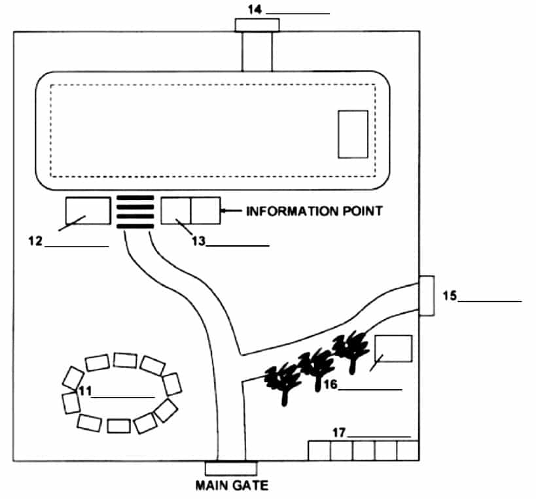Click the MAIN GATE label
coord(232,485)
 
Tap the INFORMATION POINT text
coord(314,211)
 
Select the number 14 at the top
coord(255,10)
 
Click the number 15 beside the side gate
coord(450,296)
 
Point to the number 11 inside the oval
coord(85,391)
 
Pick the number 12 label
coord(35,241)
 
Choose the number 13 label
coord(198,241)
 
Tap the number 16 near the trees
coord(331,385)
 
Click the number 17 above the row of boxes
coord(339,433)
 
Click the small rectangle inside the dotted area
coord(353,134)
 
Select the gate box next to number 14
coord(257,26)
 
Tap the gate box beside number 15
coord(427,296)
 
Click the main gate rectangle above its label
coord(231,468)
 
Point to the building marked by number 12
coord(88,211)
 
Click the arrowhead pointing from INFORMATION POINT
coord(223,211)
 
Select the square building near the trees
coord(393,349)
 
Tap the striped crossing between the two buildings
coord(135,212)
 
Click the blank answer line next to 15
coord(490,301)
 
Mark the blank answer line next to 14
coord(298,14)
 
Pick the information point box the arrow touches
coord(205,211)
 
